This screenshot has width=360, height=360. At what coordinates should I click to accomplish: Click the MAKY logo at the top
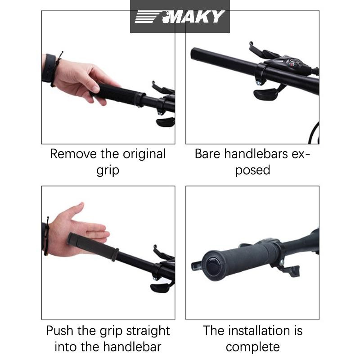click(180, 17)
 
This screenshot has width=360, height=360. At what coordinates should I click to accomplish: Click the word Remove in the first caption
click(73, 154)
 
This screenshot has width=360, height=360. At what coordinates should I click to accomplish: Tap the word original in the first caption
click(144, 154)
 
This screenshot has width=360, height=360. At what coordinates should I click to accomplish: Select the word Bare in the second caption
click(207, 154)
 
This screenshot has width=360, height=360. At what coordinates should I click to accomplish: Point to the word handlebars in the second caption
click(256, 153)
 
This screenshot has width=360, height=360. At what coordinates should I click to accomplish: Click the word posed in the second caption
click(252, 171)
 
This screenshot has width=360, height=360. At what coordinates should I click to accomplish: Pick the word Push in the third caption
click(60, 331)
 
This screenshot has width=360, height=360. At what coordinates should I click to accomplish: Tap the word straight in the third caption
click(148, 331)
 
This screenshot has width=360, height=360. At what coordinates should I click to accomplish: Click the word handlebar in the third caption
click(132, 347)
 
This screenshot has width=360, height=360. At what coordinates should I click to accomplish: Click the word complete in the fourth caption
click(252, 347)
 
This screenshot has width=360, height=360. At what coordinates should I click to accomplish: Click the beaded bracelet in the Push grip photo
click(47, 237)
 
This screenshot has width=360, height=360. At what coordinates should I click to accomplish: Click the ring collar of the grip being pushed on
click(115, 255)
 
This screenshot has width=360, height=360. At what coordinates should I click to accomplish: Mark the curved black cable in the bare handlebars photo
click(314, 133)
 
